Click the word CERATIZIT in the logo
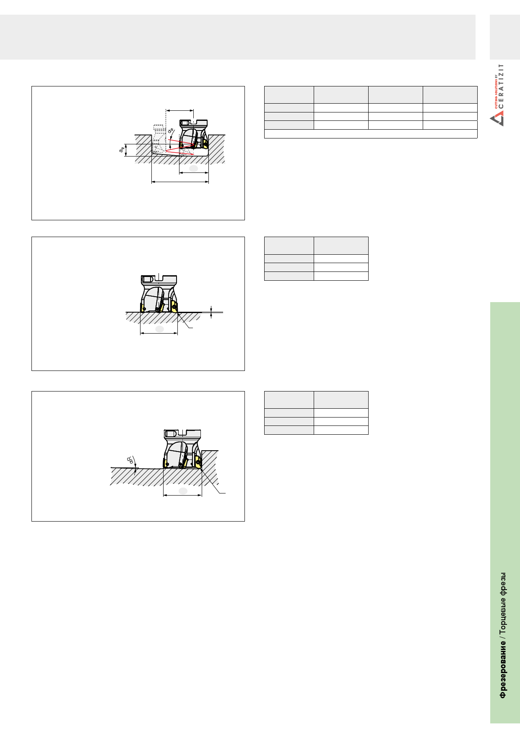(x=501, y=86)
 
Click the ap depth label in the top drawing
(x=122, y=149)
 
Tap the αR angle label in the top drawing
(x=171, y=130)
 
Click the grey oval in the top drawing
(x=193, y=168)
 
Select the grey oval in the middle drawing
(x=159, y=329)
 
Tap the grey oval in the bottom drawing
(x=183, y=491)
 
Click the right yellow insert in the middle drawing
(x=174, y=306)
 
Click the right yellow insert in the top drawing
(x=205, y=144)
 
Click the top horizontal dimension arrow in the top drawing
(x=180, y=111)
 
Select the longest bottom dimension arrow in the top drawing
(x=180, y=182)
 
